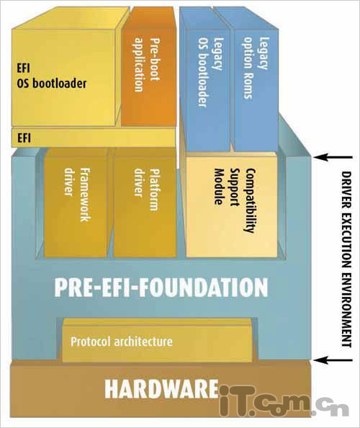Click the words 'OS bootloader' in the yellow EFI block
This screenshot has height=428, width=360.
[52, 84]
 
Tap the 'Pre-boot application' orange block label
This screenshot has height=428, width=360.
[147, 64]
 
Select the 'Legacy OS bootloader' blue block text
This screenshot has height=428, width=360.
[211, 71]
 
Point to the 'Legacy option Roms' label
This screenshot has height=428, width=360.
[256, 68]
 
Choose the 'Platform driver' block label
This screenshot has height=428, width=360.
[146, 190]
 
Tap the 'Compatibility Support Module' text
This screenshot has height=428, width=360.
[235, 200]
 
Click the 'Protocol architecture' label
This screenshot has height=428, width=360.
[122, 342]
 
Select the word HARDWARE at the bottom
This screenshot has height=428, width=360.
[161, 388]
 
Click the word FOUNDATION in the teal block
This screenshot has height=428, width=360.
[204, 287]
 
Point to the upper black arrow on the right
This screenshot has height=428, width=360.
[333, 157]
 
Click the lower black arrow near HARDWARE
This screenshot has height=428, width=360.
[333, 360]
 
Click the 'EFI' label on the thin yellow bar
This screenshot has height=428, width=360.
[24, 138]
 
